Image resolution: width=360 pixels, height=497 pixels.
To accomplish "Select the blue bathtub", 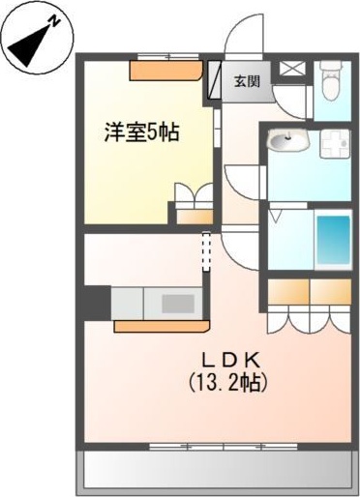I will click(333, 243).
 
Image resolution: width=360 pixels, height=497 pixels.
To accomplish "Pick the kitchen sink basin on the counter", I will click(178, 303).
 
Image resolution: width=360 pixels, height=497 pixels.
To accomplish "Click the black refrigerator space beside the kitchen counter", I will click(96, 303).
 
